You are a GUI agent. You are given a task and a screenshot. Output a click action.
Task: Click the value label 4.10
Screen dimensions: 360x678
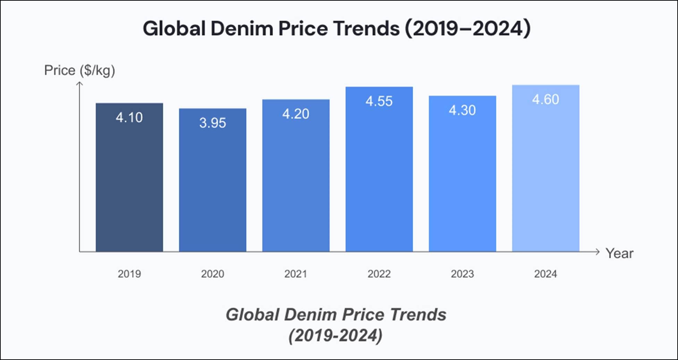click(x=129, y=118)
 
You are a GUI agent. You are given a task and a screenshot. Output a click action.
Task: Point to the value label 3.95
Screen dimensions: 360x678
click(x=212, y=123)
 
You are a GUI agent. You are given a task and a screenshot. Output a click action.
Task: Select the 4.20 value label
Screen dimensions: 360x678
click(x=296, y=114)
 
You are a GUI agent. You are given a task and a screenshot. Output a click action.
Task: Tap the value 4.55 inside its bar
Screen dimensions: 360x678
click(x=379, y=101)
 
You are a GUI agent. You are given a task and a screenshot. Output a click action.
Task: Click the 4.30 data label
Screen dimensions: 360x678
click(x=462, y=110)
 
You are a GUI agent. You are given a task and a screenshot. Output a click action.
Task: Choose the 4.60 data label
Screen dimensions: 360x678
click(x=545, y=100)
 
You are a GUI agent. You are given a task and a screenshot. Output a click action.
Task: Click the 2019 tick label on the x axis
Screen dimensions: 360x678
click(x=129, y=274)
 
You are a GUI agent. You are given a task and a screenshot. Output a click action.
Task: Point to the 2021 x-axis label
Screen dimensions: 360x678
click(x=296, y=274)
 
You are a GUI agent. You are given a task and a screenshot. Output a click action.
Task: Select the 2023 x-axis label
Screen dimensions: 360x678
click(x=462, y=274)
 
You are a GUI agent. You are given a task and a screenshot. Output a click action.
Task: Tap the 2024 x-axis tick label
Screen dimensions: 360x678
click(x=545, y=274)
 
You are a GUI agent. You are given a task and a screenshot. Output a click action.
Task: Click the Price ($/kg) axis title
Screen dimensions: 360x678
click(x=79, y=70)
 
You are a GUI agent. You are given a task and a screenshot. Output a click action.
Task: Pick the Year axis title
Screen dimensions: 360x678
click(x=619, y=254)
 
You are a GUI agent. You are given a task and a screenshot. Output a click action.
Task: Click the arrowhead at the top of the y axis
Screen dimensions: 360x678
click(x=79, y=83)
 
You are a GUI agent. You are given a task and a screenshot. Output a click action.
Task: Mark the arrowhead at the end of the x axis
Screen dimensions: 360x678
click(x=598, y=252)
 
